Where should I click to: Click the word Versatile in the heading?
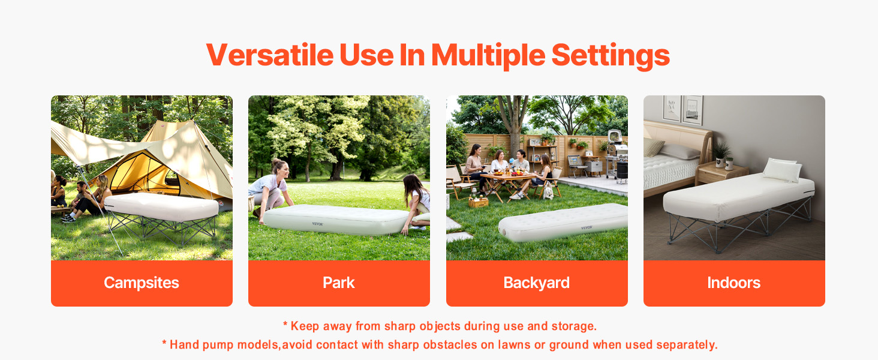(x=270, y=55)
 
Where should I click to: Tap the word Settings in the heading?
(x=611, y=56)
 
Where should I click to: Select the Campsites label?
(x=142, y=283)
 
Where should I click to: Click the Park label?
(x=339, y=283)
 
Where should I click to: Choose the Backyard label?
(x=537, y=283)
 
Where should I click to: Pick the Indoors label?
(x=733, y=283)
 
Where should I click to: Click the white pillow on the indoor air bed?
(x=783, y=170)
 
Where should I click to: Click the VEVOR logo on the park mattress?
(x=317, y=224)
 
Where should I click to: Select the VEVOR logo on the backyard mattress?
(x=587, y=227)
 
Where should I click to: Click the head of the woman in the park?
(x=281, y=167)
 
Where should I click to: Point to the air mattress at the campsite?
(x=161, y=206)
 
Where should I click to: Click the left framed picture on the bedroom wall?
(x=672, y=108)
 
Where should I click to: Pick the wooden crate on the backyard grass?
(x=479, y=202)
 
